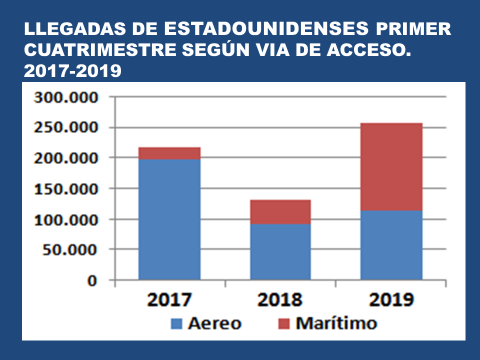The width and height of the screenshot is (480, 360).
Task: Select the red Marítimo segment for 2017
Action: click(x=169, y=153)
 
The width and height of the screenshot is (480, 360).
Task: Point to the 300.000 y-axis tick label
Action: click(x=68, y=97)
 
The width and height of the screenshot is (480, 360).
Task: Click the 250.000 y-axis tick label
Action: click(x=68, y=128)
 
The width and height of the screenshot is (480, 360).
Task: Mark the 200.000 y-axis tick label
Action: click(x=68, y=158)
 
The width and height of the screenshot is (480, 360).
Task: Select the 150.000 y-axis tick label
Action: click(x=68, y=189)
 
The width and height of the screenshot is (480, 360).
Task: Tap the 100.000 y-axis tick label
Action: click(x=68, y=219)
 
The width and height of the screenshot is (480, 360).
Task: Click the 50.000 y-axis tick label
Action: click(x=73, y=250)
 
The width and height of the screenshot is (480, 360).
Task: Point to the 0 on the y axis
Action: click(x=92, y=280)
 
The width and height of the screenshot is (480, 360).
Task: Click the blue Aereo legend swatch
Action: click(x=178, y=324)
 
